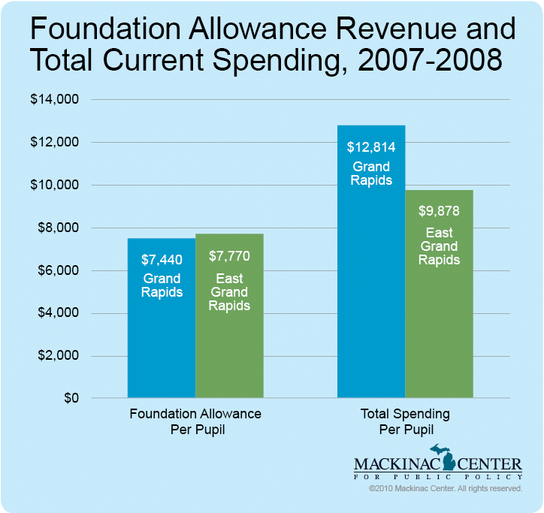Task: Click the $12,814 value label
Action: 371,147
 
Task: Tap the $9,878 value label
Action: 440,212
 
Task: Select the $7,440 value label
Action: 162,260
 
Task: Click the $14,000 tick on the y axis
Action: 59,99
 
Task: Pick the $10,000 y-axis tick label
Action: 59,185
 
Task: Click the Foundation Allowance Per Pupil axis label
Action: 195,421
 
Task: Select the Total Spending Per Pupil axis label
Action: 406,421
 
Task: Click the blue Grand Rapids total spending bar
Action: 371,300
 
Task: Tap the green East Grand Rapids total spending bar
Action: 440,330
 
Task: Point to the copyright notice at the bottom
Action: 446,489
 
